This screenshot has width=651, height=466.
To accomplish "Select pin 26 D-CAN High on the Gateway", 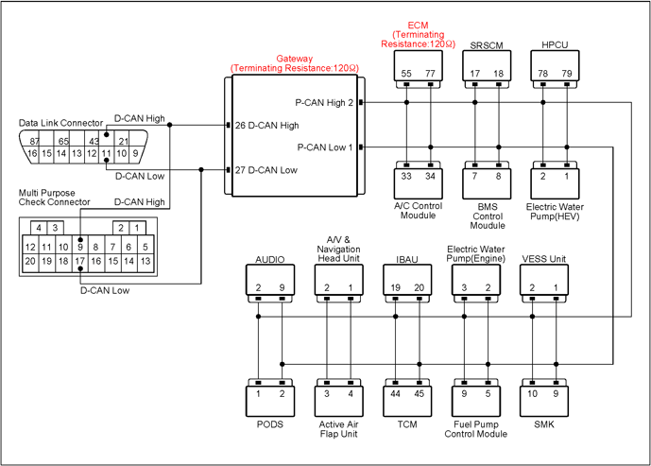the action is click(x=267, y=125).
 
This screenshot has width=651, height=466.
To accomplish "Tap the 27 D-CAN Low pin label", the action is click(x=266, y=170).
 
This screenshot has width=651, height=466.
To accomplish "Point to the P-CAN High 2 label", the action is click(x=324, y=103).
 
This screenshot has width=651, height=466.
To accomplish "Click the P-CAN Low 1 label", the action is click(x=325, y=147).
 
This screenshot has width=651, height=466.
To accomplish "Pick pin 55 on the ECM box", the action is click(x=406, y=74).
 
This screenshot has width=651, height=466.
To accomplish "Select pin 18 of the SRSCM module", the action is click(x=498, y=74).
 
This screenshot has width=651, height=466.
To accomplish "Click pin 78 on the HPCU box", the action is click(x=542, y=74).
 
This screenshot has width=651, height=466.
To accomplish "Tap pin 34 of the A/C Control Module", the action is click(x=430, y=176).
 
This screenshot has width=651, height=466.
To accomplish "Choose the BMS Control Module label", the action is click(x=488, y=216).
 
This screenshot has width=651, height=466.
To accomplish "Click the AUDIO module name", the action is click(x=270, y=260).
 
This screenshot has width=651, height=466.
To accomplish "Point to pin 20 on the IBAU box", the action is click(x=419, y=287).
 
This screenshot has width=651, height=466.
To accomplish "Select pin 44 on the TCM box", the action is click(x=395, y=393).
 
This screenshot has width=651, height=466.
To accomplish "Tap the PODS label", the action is click(x=270, y=424).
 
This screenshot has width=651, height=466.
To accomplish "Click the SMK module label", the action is click(x=544, y=424).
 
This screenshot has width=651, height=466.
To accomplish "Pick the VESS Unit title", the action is click(x=544, y=259).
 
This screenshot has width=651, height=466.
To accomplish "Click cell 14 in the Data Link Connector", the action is click(x=61, y=153).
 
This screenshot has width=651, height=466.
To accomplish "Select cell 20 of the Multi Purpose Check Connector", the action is click(x=30, y=261).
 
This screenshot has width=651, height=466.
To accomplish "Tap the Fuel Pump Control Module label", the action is click(x=476, y=429).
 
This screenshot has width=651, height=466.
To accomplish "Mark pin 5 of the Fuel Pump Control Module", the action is click(x=488, y=393).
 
